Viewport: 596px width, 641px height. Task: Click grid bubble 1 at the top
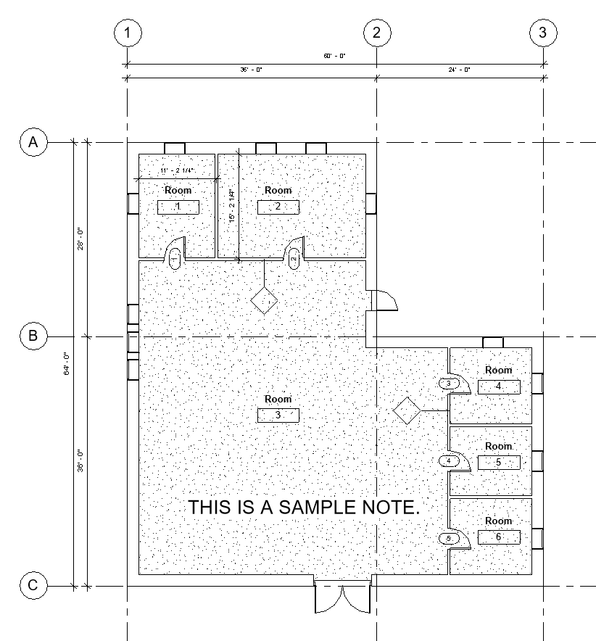point(128,33)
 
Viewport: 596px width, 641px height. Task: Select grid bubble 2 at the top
point(376,33)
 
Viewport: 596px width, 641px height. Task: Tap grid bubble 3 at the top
point(543,33)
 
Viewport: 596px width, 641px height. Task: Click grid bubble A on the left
point(33,143)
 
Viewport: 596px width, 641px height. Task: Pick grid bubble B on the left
point(33,336)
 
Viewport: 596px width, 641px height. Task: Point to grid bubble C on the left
point(33,586)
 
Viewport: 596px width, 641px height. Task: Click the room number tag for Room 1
point(178,207)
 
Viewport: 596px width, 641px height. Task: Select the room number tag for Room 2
point(278,207)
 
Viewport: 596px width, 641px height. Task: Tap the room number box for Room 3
point(278,415)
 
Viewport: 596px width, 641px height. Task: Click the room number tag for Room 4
point(499,386)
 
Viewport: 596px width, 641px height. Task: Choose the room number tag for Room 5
point(499,462)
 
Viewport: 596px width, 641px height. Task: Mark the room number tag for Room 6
point(499,537)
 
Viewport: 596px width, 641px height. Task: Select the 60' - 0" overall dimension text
point(334,56)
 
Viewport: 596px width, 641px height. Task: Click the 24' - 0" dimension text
point(459,70)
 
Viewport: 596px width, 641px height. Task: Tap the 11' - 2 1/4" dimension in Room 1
point(178,170)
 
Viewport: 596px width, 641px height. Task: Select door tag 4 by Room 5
point(449,460)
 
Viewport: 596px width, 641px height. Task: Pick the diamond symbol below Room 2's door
point(265,300)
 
